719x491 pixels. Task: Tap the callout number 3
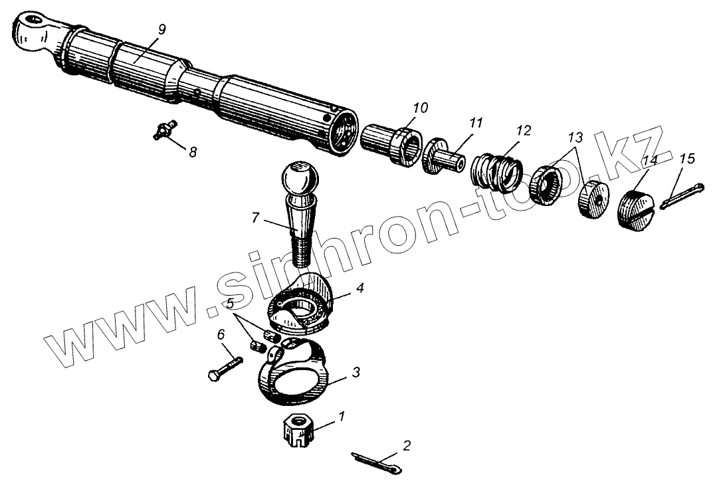[356, 373]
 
